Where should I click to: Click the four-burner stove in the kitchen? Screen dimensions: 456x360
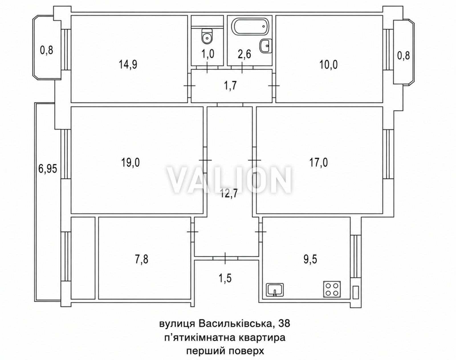click(332, 289)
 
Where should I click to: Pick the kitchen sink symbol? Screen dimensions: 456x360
click(275, 290)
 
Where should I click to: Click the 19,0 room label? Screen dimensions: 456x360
click(131, 163)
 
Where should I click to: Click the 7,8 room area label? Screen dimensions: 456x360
click(142, 259)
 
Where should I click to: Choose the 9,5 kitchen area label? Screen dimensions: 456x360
click(310, 259)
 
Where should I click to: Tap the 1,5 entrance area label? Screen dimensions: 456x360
click(225, 278)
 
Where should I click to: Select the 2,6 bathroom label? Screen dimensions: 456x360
click(244, 54)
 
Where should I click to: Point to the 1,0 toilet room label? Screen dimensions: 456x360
click(208, 54)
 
